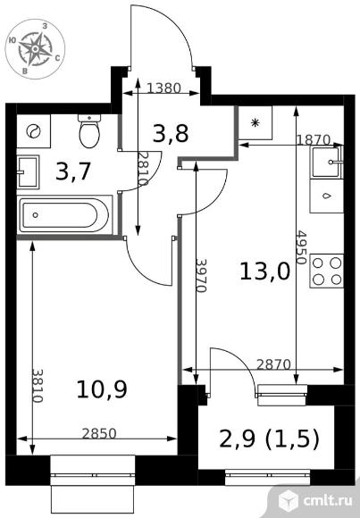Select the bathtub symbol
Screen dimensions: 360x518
tap(65, 215)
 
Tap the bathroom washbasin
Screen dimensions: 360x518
tap(28, 171)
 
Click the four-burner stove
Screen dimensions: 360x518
tap(327, 272)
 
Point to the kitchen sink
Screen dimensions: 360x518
tap(327, 163)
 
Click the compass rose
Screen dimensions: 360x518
tap(35, 49)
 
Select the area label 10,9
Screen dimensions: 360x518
tap(102, 389)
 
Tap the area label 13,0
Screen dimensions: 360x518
tap(264, 272)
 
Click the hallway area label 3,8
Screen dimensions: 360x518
tap(171, 133)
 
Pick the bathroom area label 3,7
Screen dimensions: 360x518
tap(73, 171)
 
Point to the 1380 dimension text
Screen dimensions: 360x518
tap(164, 88)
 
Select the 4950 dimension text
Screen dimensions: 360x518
tap(301, 247)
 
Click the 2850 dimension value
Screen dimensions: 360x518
tap(99, 433)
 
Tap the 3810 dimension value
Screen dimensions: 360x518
tap(38, 386)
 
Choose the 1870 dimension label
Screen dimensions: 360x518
tap(313, 140)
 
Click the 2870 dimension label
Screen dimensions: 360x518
tap(273, 364)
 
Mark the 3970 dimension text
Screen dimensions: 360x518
tap(201, 275)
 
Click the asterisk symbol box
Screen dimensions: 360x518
tap(255, 122)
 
